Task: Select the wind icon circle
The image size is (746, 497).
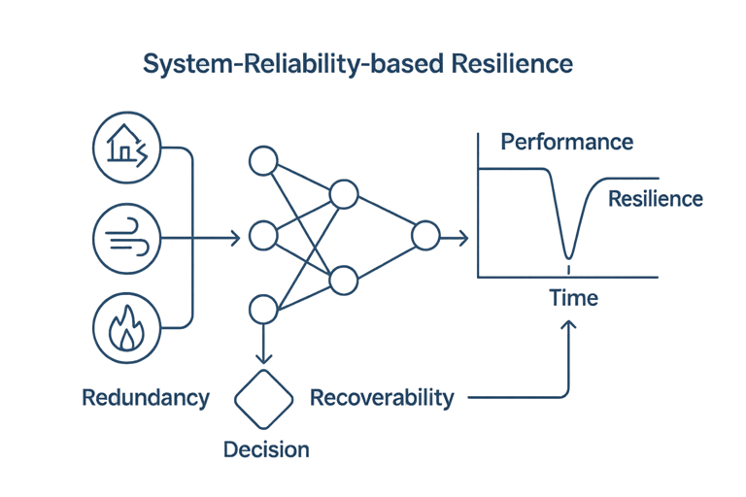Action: point(125,236)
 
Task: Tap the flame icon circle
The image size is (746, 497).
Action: point(125,325)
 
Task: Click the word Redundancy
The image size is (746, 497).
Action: point(147,398)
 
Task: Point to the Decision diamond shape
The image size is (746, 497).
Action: point(265,397)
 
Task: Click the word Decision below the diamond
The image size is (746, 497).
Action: point(266,449)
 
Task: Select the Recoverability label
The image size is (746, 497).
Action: point(382,398)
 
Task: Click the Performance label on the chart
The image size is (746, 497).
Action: point(566,144)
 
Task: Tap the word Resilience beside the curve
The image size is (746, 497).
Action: point(654,199)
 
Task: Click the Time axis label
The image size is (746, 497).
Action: point(573,298)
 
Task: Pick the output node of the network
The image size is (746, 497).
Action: point(424,237)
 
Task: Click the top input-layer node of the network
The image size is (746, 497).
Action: point(263,161)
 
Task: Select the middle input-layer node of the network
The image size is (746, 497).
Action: point(263,236)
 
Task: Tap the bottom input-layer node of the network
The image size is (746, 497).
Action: point(263,311)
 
